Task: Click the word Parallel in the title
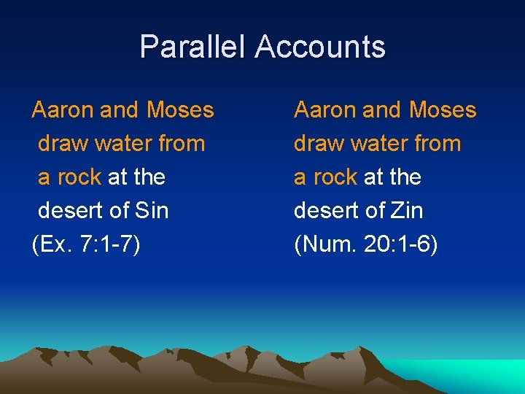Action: (193, 47)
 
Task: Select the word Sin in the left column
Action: (152, 211)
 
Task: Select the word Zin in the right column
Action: (407, 211)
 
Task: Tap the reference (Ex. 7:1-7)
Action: (86, 244)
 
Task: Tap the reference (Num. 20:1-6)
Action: (365, 244)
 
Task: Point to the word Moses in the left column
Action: (180, 110)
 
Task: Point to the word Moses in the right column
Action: (442, 110)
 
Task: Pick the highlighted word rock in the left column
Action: (79, 177)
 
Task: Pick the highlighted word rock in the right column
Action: (335, 177)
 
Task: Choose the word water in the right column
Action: (378, 144)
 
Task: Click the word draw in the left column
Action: (63, 144)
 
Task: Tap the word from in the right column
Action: (437, 144)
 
